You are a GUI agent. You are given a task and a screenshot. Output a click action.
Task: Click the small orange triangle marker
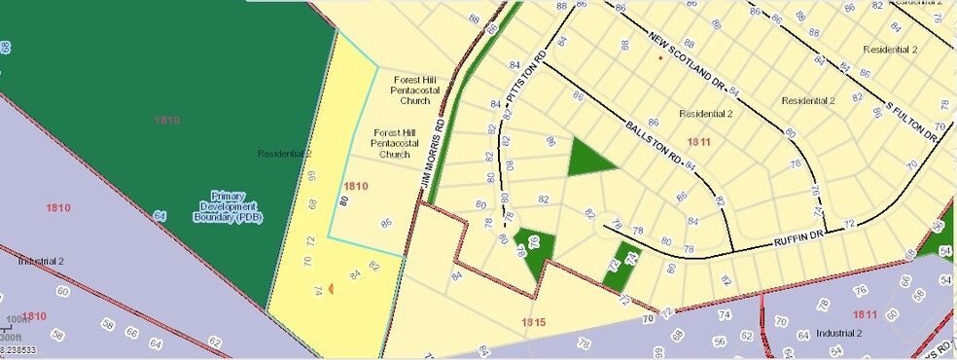click(331, 289)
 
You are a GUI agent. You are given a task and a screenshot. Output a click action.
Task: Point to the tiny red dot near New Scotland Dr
click(660, 58)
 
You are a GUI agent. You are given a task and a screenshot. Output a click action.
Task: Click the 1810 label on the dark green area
click(166, 120)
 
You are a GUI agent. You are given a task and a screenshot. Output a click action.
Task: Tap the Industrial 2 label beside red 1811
click(838, 333)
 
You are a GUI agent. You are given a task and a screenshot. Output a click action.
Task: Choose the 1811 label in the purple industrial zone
click(864, 314)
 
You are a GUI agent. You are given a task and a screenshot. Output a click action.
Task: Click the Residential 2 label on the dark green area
click(284, 154)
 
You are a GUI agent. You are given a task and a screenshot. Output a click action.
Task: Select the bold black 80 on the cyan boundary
click(343, 201)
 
